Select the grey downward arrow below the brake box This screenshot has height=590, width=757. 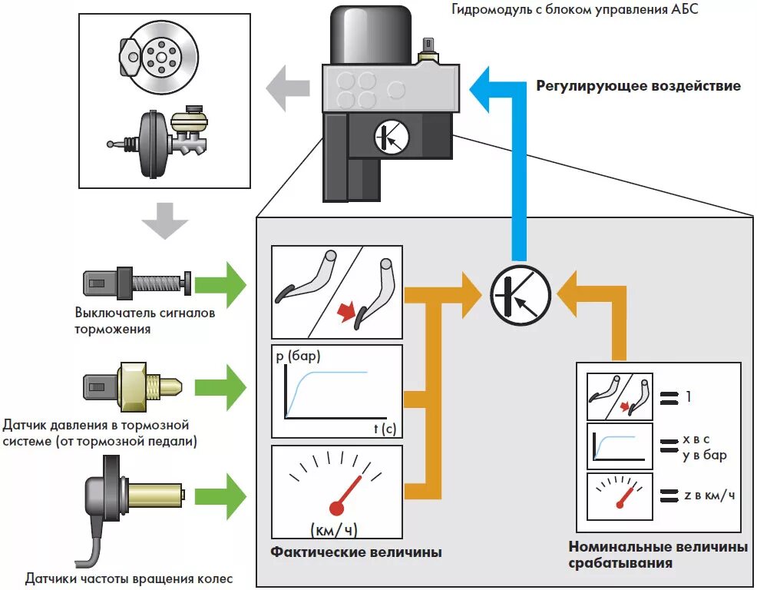164,222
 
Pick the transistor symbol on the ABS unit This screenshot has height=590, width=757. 392,138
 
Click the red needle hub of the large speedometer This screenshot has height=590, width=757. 336,507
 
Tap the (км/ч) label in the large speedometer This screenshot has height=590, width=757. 335,529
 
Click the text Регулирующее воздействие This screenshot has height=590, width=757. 638,86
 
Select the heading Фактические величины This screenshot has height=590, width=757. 355,552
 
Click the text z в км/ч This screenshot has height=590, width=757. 709,495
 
